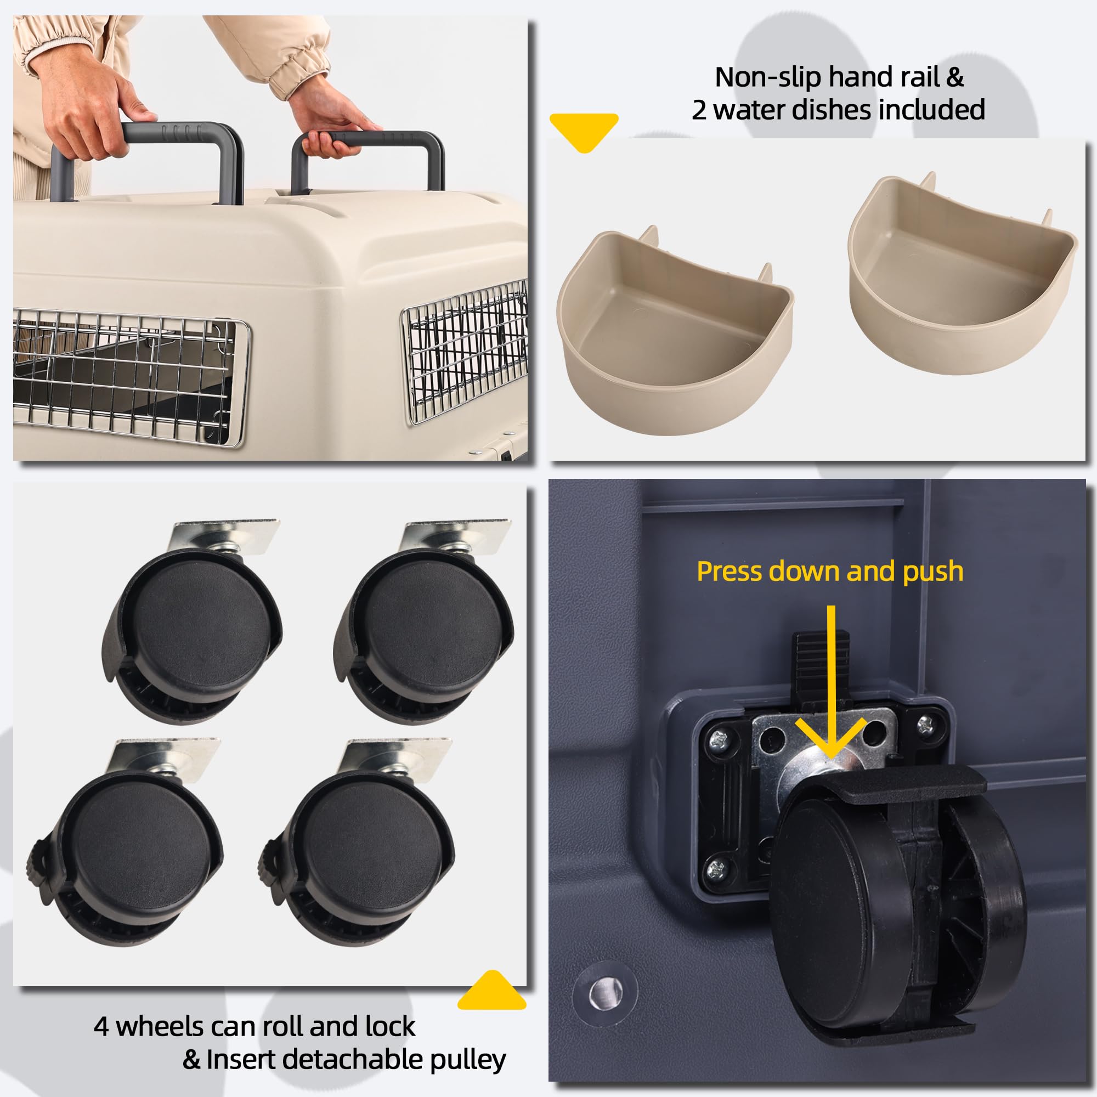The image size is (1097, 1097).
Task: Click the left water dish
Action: [x=676, y=335]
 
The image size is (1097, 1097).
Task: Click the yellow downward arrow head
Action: [x=830, y=738]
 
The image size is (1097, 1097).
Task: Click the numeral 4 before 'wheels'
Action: [x=101, y=1027]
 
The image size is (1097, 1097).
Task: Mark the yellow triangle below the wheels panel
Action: [x=491, y=993]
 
